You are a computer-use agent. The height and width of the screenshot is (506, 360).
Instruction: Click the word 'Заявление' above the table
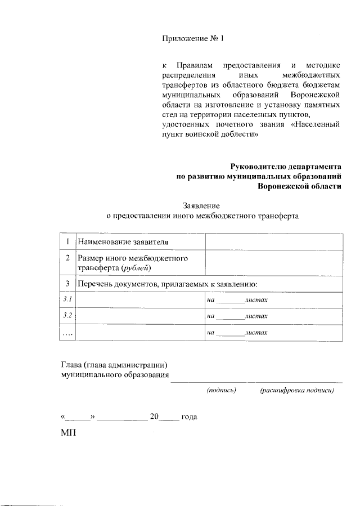coord(201,205)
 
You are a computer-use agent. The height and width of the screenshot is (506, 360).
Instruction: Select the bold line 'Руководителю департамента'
coord(286,167)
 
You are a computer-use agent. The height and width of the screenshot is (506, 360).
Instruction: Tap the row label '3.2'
coord(67,316)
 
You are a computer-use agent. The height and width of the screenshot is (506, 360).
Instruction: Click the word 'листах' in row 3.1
coord(256,301)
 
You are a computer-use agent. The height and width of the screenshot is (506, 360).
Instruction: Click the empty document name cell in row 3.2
coord(140,316)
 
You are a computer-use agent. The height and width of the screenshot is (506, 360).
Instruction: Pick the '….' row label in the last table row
coord(67,333)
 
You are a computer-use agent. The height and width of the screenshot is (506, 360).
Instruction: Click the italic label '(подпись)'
coord(221,389)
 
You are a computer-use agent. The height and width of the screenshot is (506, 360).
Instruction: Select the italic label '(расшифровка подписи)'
coord(297,389)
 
